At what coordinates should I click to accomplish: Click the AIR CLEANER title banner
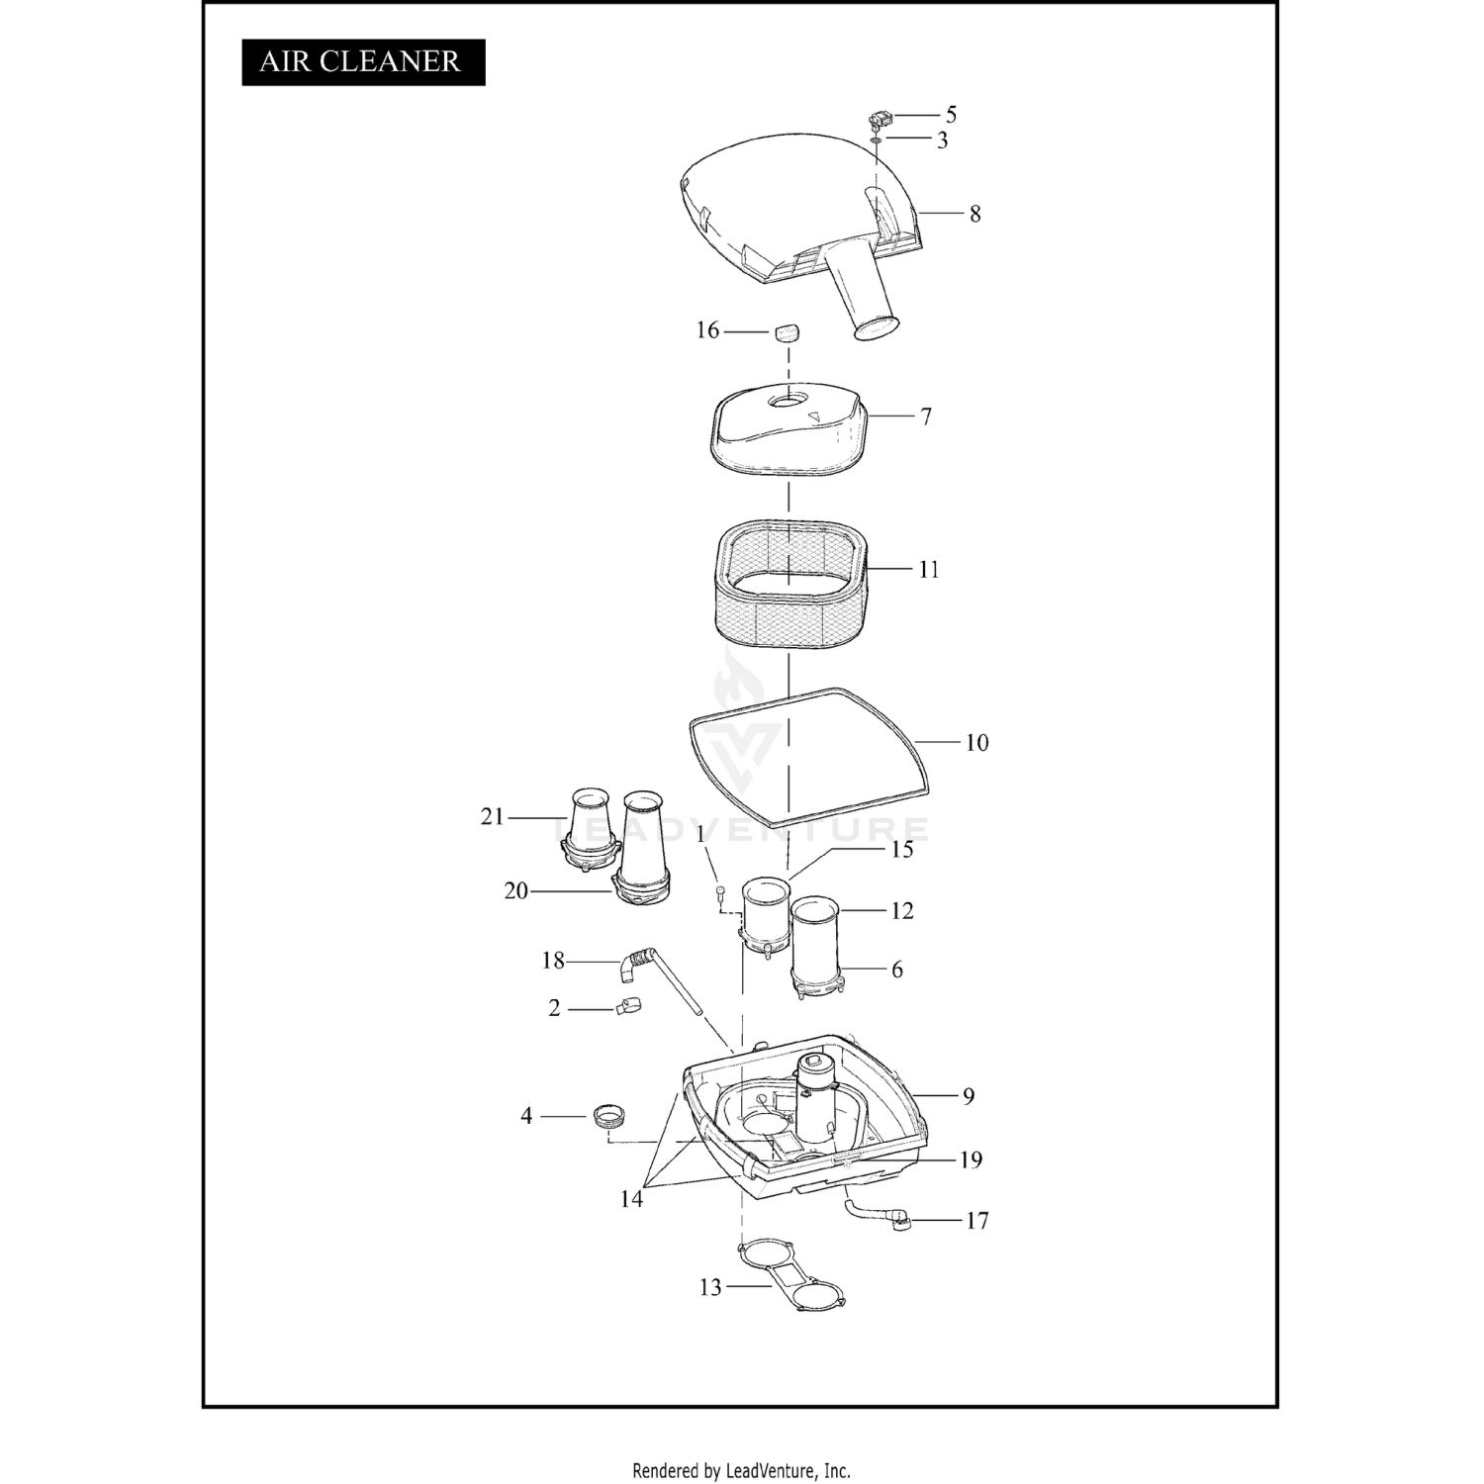click(363, 61)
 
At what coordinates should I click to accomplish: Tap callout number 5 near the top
click(951, 115)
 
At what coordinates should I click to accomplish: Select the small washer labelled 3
click(877, 140)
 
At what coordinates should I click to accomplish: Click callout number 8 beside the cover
click(974, 214)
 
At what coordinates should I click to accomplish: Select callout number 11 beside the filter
click(928, 569)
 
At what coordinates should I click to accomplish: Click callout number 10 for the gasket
click(976, 742)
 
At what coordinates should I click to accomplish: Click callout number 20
click(516, 890)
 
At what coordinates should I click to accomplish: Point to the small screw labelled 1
click(721, 894)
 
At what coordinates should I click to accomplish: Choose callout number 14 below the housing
click(631, 1198)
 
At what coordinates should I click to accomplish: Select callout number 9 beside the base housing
click(968, 1095)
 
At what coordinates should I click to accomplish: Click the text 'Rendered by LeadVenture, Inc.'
click(741, 1470)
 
